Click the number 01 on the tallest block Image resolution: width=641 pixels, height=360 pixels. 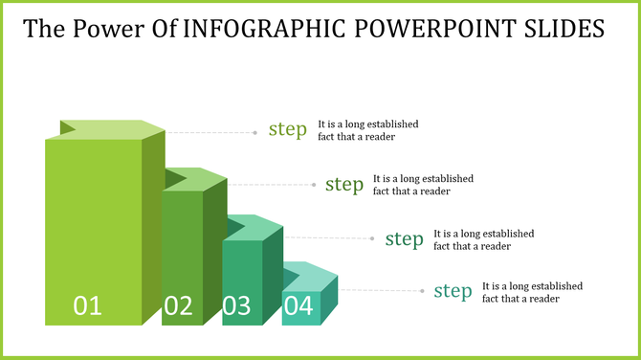pos(88,305)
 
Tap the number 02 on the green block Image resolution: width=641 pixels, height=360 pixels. pos(179,305)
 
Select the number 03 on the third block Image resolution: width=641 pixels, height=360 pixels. pos(237,305)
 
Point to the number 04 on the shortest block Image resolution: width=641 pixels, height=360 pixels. pos(298,305)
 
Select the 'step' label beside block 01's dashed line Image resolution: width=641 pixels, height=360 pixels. pos(287,130)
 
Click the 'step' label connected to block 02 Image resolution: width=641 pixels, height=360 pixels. pos(344,184)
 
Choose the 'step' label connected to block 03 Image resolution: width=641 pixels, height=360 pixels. pos(404,238)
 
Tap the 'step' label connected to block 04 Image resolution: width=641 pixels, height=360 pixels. pos(453,291)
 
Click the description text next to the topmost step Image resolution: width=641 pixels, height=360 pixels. pos(368,130)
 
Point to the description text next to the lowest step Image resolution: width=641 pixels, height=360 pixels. pos(532,292)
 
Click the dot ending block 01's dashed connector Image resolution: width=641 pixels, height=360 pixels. pos(255,132)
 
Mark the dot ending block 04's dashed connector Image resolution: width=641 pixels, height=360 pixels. pos(422,290)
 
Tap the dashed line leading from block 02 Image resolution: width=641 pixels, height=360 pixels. pos(268,185)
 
